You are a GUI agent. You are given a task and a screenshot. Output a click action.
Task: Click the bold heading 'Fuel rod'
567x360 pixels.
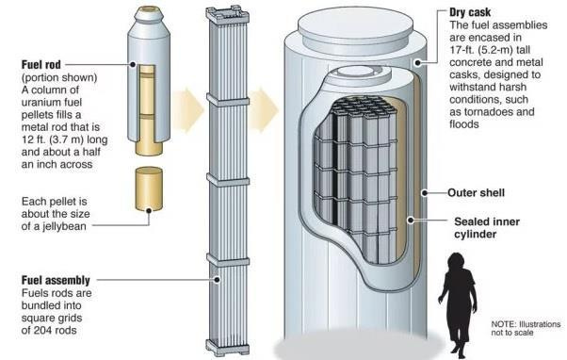(x=41, y=65)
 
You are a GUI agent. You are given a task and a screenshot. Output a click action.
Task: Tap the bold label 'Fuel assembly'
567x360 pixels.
(x=56, y=280)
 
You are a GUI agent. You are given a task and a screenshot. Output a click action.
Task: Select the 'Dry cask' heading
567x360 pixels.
(x=470, y=12)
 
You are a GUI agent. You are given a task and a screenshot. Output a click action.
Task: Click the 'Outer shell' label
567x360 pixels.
(x=476, y=192)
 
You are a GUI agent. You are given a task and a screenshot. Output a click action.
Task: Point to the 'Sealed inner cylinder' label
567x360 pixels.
(x=487, y=227)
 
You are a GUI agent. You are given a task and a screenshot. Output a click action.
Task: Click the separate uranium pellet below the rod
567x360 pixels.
(x=149, y=188)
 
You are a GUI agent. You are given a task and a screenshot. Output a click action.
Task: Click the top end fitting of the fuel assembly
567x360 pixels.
(x=228, y=14)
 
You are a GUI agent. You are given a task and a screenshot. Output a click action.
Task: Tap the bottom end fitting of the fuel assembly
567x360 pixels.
(x=228, y=348)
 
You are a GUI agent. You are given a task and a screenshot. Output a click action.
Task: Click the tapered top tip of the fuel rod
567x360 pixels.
(x=149, y=14)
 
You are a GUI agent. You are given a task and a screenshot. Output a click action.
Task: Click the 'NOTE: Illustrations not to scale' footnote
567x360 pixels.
(x=526, y=328)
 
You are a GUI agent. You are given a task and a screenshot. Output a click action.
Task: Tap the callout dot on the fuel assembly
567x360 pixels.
(x=217, y=279)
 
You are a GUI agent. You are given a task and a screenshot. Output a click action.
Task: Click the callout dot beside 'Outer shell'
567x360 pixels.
(x=425, y=193)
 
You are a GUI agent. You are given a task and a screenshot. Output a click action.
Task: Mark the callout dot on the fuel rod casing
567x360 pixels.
(x=133, y=64)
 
